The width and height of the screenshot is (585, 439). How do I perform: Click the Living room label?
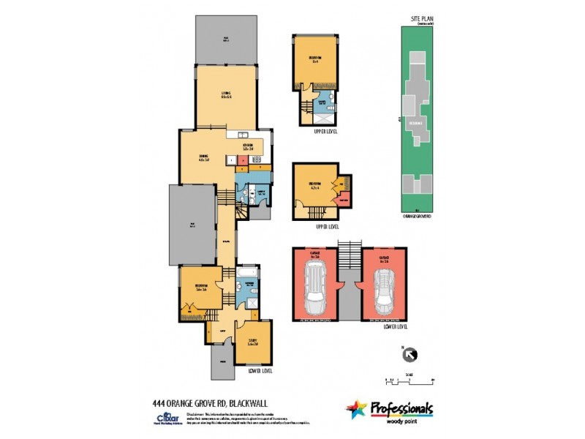click(x=226, y=95)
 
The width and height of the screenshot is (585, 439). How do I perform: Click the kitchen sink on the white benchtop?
click(x=244, y=135)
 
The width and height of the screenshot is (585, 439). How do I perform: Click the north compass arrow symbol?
click(x=408, y=355)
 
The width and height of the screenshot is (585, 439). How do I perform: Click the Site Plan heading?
click(x=418, y=18)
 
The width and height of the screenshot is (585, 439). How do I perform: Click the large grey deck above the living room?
click(x=226, y=40)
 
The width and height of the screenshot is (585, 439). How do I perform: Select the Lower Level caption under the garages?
click(x=394, y=326)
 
